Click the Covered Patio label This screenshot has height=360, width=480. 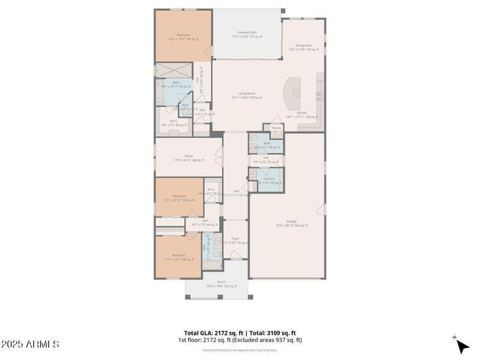[247, 34]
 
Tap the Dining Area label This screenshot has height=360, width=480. [304, 47]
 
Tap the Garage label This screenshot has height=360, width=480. [292, 223]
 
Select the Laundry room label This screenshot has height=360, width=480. [269, 180]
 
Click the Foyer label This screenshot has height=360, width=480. [235, 240]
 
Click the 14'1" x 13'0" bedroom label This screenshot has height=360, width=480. [183, 37]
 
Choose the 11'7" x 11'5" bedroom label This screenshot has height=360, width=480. [179, 257]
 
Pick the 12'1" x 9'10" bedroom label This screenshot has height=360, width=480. [179, 198]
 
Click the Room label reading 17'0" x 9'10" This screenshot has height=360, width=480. [188, 158]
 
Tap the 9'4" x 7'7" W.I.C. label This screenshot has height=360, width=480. [173, 122]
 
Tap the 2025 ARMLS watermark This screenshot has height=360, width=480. [30, 344]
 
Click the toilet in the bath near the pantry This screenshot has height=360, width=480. [254, 145]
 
